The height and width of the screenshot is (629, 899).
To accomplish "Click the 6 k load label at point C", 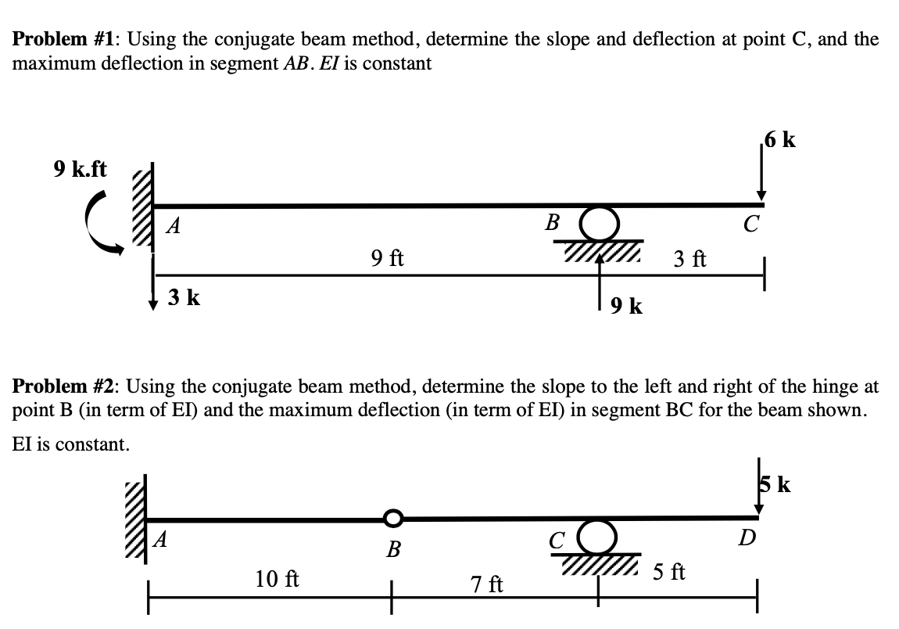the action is click(x=781, y=141).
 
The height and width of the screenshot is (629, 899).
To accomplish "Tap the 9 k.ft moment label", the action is click(x=81, y=168).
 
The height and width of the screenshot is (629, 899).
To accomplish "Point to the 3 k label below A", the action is click(x=184, y=297).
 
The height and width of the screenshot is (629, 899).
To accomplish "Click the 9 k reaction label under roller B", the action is click(x=626, y=306).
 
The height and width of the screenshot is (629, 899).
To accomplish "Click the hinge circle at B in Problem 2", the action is click(x=392, y=517).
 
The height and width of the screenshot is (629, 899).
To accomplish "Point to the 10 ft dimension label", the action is click(x=277, y=580).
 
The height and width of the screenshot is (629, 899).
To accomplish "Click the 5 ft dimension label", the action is click(x=669, y=573).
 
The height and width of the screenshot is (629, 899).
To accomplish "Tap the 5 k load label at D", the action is click(x=775, y=486).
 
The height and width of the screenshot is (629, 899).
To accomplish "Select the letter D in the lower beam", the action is click(x=749, y=539).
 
